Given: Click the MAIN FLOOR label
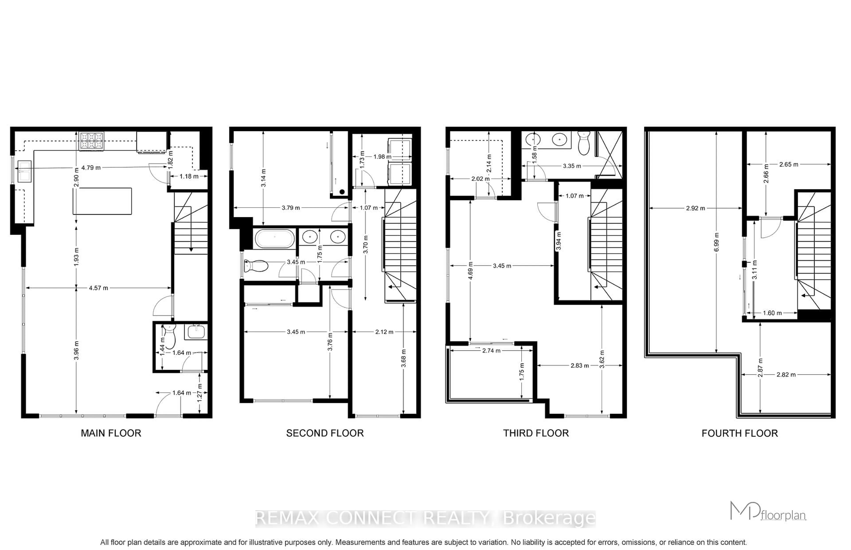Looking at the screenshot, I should point(111,433).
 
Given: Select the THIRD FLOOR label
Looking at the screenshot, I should point(536,433).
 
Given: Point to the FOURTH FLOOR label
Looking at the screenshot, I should point(740,433).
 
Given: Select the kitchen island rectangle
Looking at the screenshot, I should point(102,201).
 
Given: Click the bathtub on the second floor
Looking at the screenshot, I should point(275,238).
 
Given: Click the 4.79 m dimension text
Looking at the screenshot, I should point(91,167).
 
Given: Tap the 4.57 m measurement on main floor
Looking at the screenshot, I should point(98,288).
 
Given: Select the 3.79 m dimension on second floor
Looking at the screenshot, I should point(291,207).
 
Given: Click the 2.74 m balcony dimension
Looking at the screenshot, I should point(491,351).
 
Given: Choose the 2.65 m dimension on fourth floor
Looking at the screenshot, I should point(789,164).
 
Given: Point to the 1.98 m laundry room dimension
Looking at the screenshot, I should point(382,156).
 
